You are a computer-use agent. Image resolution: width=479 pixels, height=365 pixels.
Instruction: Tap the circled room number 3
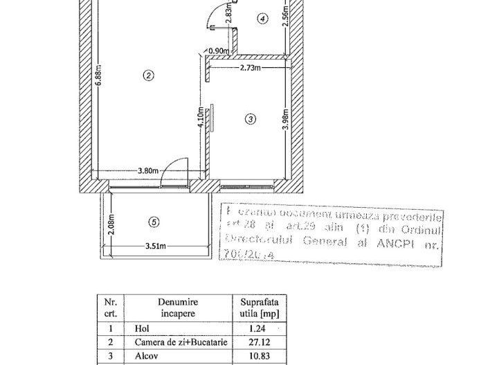[251, 119]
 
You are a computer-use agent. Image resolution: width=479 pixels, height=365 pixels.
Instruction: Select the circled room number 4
[262, 19]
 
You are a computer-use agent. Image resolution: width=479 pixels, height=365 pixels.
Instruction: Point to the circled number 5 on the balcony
[154, 222]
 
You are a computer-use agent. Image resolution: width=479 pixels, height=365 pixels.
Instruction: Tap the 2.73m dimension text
[251, 68]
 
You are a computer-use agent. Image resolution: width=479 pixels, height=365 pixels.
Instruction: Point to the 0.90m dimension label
[219, 51]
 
